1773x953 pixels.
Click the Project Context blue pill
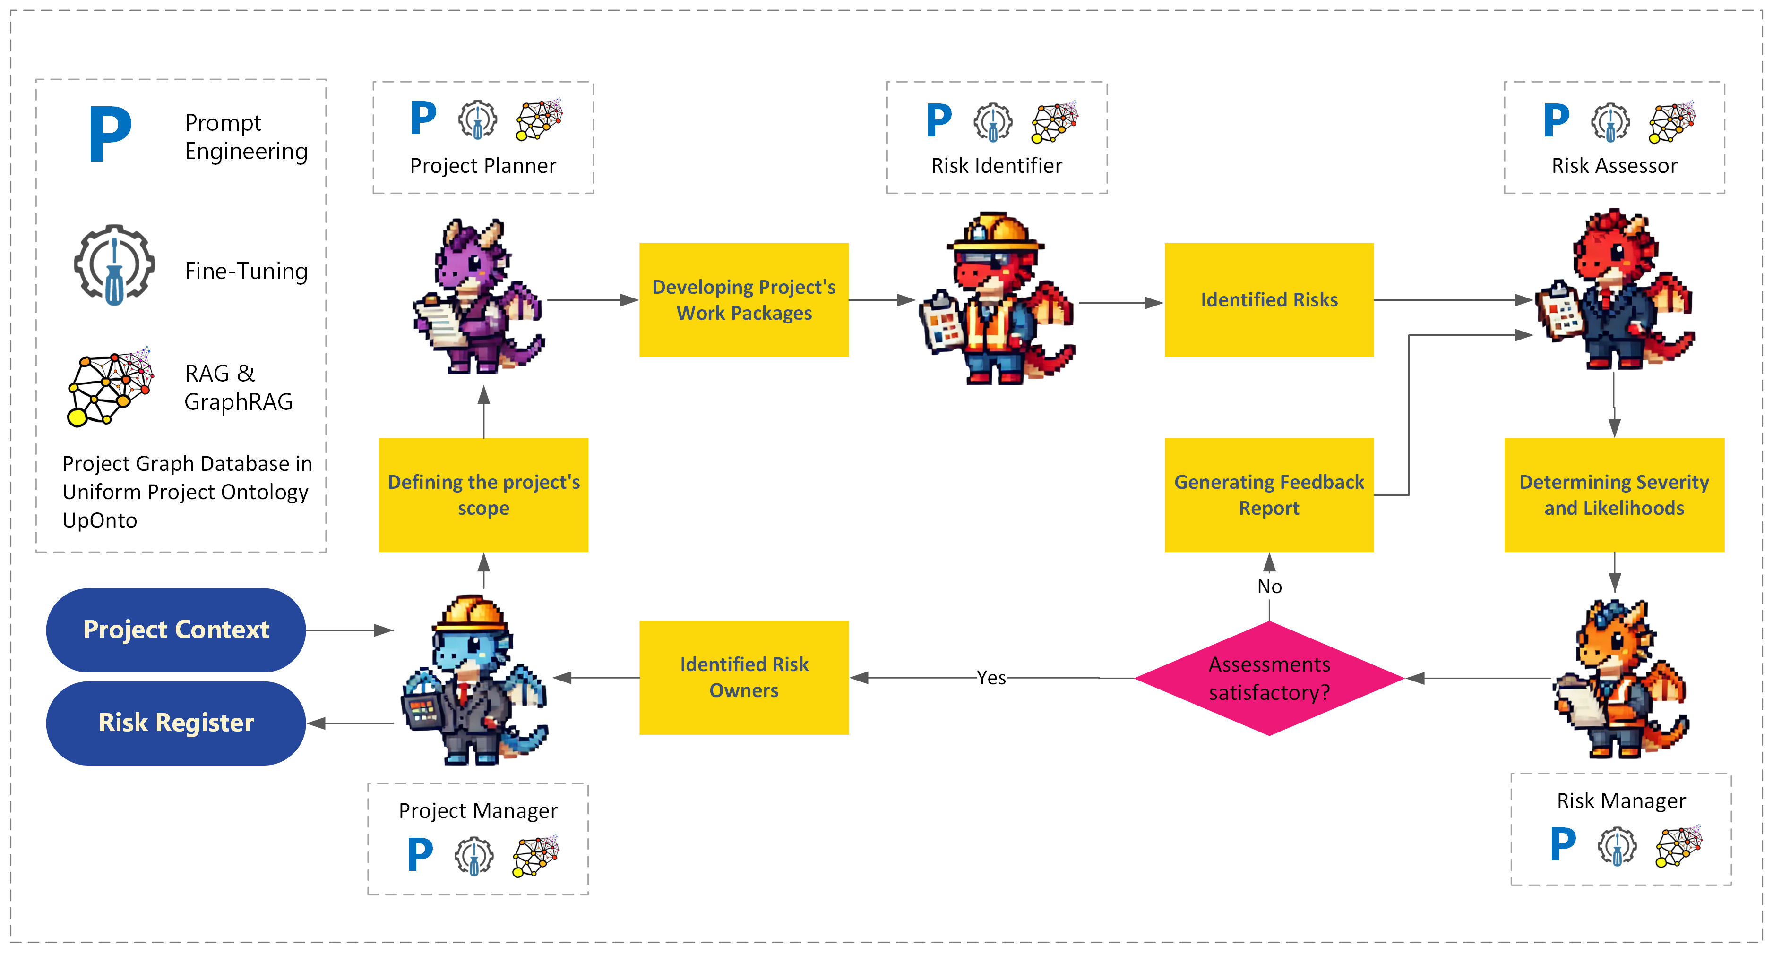pos(175,630)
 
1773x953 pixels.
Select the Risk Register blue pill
pos(175,723)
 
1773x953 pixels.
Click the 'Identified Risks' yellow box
pos(1268,300)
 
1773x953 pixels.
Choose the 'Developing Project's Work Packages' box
pos(743,300)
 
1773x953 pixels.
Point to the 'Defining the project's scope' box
pos(483,495)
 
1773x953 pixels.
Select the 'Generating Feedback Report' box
pos(1268,495)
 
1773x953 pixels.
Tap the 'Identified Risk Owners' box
pos(743,678)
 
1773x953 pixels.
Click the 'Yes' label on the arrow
pos(990,678)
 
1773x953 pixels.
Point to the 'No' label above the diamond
pos(1269,586)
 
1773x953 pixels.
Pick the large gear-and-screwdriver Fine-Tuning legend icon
pos(114,264)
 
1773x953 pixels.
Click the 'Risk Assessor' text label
pos(1614,166)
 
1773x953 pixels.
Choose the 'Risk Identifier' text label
pos(996,166)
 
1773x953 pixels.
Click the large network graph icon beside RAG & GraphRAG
pos(111,387)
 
